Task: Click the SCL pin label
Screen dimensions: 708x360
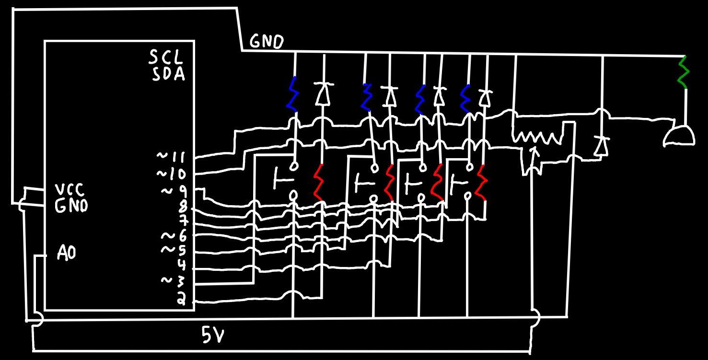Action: tap(166, 57)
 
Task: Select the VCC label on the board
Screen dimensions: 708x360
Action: tap(70, 190)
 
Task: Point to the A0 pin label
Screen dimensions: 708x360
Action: tap(67, 253)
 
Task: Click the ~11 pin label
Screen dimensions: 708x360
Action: tap(172, 157)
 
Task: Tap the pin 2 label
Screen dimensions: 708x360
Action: tap(181, 298)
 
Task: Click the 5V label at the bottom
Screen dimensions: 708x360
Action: tap(213, 335)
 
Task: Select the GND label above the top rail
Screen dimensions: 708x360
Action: tap(267, 42)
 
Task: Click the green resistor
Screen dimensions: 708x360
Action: tap(684, 72)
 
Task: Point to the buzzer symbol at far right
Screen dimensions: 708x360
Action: tap(679, 137)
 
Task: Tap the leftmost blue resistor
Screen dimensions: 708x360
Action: tap(292, 94)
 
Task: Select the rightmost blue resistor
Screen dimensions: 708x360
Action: tap(465, 99)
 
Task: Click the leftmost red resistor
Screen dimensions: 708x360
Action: tap(319, 182)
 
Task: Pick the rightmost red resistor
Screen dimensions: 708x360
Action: tap(482, 183)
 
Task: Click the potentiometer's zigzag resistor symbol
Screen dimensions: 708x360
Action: tap(538, 138)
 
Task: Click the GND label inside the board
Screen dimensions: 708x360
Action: tap(71, 206)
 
